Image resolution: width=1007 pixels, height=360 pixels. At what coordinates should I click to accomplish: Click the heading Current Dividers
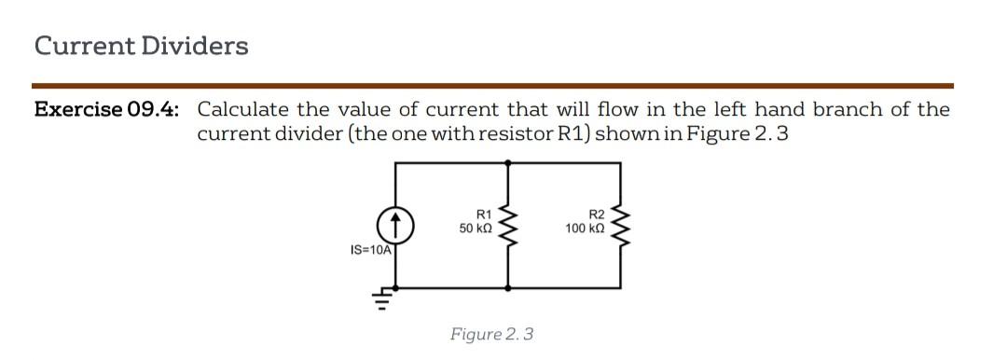click(141, 46)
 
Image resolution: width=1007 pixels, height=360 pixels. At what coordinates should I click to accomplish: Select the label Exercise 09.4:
click(106, 110)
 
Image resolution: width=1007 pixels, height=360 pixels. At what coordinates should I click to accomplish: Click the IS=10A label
click(370, 250)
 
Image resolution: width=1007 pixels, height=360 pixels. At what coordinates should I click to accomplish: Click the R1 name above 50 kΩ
click(483, 215)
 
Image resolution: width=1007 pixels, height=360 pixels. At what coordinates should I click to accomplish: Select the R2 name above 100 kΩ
click(597, 215)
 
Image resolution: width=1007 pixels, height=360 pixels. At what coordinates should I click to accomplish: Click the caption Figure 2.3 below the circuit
click(491, 334)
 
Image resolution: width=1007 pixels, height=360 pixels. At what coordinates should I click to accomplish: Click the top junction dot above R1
click(509, 162)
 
